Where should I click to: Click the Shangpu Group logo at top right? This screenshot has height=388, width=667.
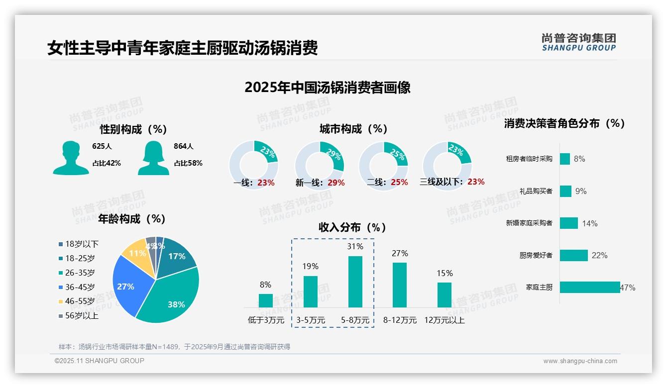[x=578, y=42]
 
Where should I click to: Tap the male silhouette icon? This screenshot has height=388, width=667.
[x=71, y=158]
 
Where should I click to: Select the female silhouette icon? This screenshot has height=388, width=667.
[x=153, y=158]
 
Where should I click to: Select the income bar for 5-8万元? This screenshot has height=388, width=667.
[x=355, y=282]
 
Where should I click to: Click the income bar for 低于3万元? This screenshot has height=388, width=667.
[x=265, y=300]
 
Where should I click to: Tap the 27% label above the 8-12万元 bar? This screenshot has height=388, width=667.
[x=399, y=254]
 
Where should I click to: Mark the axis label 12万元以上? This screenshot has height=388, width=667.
[x=444, y=320]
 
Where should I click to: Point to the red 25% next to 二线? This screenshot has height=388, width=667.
[x=399, y=183]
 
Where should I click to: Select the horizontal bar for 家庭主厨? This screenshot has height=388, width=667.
[x=589, y=287]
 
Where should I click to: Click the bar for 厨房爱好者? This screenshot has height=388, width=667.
[x=573, y=255]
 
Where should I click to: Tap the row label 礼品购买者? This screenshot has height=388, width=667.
[x=536, y=191]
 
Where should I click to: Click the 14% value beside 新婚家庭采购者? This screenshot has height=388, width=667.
[x=589, y=223]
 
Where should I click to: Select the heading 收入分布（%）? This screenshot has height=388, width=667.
[x=352, y=227]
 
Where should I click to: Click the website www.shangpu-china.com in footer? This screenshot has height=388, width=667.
[x=580, y=361]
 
